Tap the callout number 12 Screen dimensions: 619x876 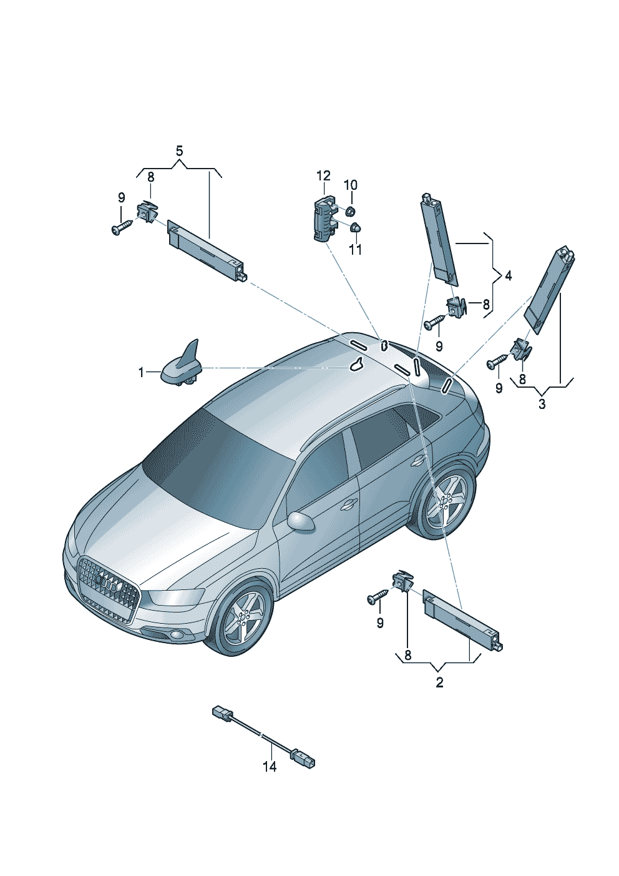(x=324, y=175)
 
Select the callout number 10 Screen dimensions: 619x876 (x=351, y=185)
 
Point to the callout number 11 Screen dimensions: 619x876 (x=355, y=249)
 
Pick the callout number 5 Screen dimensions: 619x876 (x=179, y=151)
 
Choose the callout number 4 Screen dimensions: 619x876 (x=508, y=276)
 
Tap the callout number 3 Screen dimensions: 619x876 (x=542, y=404)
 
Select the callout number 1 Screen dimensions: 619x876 (x=142, y=373)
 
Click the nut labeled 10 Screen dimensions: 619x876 (x=350, y=212)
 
